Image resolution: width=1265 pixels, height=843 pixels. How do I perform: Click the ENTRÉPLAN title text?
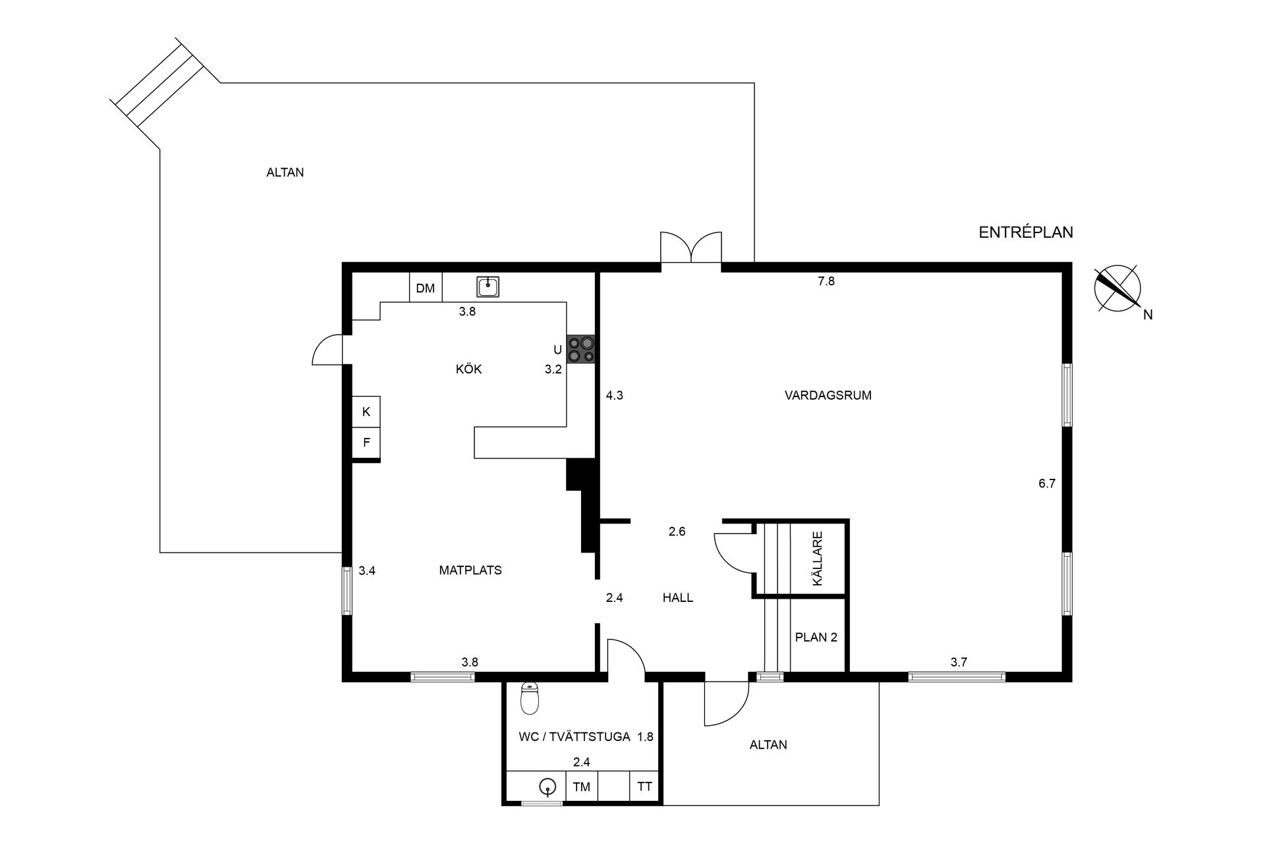(x=1026, y=232)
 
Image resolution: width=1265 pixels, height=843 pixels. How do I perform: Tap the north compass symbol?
(x=1117, y=288)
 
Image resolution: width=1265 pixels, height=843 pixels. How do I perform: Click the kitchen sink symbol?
(x=488, y=286)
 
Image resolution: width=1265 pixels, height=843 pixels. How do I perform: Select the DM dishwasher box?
(x=426, y=288)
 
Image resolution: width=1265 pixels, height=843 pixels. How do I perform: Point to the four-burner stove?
(x=581, y=349)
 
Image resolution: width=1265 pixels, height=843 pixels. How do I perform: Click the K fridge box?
(x=366, y=412)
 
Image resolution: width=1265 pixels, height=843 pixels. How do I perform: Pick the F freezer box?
(x=366, y=443)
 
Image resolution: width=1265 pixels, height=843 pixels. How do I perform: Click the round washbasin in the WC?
(x=547, y=786)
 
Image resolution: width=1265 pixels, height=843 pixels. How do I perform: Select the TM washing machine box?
(x=581, y=786)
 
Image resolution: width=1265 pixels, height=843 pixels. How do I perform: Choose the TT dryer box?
(x=644, y=786)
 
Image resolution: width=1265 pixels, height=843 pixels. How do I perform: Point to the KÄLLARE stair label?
(x=817, y=558)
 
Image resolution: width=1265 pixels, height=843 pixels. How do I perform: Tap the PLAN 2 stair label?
(x=816, y=638)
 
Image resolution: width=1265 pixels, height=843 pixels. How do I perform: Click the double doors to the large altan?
(x=691, y=249)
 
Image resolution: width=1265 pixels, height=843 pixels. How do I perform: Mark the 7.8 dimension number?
(x=826, y=281)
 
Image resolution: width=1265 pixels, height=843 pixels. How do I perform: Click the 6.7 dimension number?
(x=1047, y=483)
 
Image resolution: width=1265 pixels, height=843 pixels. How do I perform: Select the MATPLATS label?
(x=470, y=570)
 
